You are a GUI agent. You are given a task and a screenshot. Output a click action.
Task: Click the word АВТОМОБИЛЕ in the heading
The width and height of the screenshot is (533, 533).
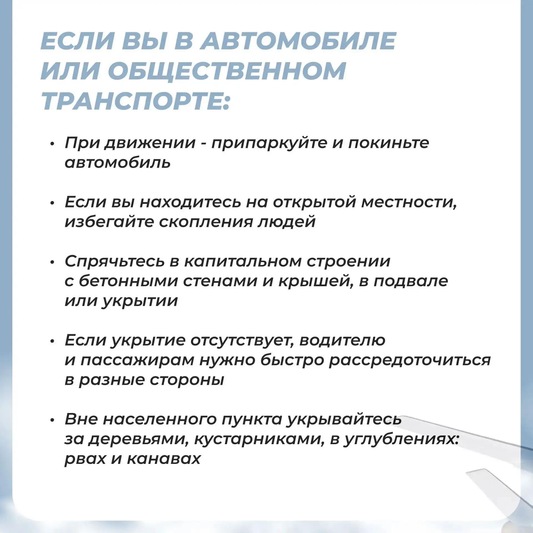click(298, 41)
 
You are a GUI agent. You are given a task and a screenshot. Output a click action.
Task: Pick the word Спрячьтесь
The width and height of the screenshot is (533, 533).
click(115, 262)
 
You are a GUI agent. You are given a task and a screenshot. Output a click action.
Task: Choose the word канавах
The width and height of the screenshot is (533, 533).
click(164, 459)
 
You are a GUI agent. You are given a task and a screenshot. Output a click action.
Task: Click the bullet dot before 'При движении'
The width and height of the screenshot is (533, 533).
click(52, 144)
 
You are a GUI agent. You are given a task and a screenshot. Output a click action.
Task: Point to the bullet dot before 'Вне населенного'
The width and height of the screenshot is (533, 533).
click(52, 420)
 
